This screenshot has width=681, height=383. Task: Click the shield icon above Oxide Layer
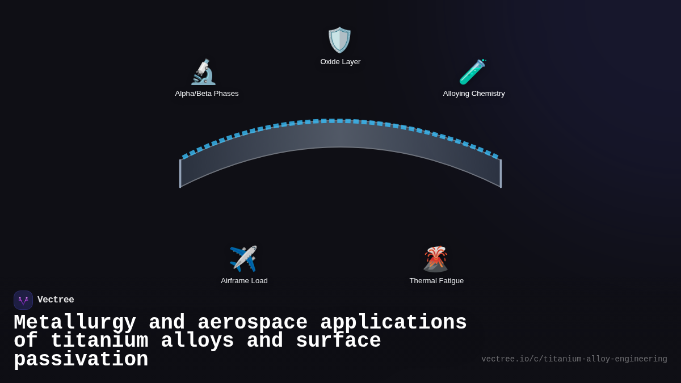340,40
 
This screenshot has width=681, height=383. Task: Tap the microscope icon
203,72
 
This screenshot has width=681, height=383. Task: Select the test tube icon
472,72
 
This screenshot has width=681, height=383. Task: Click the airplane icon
243,259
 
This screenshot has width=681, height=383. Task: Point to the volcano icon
435,259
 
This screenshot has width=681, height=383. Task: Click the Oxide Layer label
340,62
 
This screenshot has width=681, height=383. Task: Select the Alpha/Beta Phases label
207,94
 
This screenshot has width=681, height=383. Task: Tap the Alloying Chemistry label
474,94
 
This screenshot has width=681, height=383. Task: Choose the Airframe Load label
244,281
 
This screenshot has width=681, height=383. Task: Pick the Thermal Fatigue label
436,281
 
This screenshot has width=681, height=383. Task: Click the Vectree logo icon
23,300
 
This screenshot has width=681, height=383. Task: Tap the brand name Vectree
56,300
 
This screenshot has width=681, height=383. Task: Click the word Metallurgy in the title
75,323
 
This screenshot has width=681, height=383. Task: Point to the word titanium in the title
99,341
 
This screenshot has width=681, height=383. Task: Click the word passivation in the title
81,360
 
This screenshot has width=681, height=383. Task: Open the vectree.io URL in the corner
574,359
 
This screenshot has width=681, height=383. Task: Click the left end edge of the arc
180,173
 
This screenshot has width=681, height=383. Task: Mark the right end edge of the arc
501,173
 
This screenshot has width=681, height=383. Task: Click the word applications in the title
393,323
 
